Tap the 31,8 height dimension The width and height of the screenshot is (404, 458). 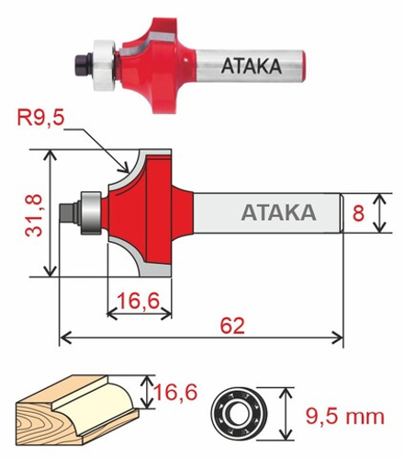tap(34, 215)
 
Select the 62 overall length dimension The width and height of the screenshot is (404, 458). tap(232, 326)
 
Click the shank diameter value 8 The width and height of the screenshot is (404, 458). tap(358, 213)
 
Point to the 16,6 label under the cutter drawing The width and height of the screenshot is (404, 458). tap(139, 301)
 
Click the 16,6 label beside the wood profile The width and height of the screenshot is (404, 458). tap(175, 392)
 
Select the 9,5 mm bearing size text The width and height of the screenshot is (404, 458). tap(345, 417)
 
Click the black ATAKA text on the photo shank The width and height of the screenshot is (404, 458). tap(252, 66)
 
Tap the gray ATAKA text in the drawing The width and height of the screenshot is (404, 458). tap(278, 212)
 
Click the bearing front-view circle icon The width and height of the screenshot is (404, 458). tap(239, 414)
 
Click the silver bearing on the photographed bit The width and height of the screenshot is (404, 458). tap(105, 65)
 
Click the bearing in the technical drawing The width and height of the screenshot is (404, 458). tap(91, 213)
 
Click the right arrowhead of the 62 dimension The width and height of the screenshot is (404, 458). tap(338, 338)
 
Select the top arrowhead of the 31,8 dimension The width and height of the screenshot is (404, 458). tap(50, 155)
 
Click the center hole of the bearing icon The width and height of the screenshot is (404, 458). tap(239, 414)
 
